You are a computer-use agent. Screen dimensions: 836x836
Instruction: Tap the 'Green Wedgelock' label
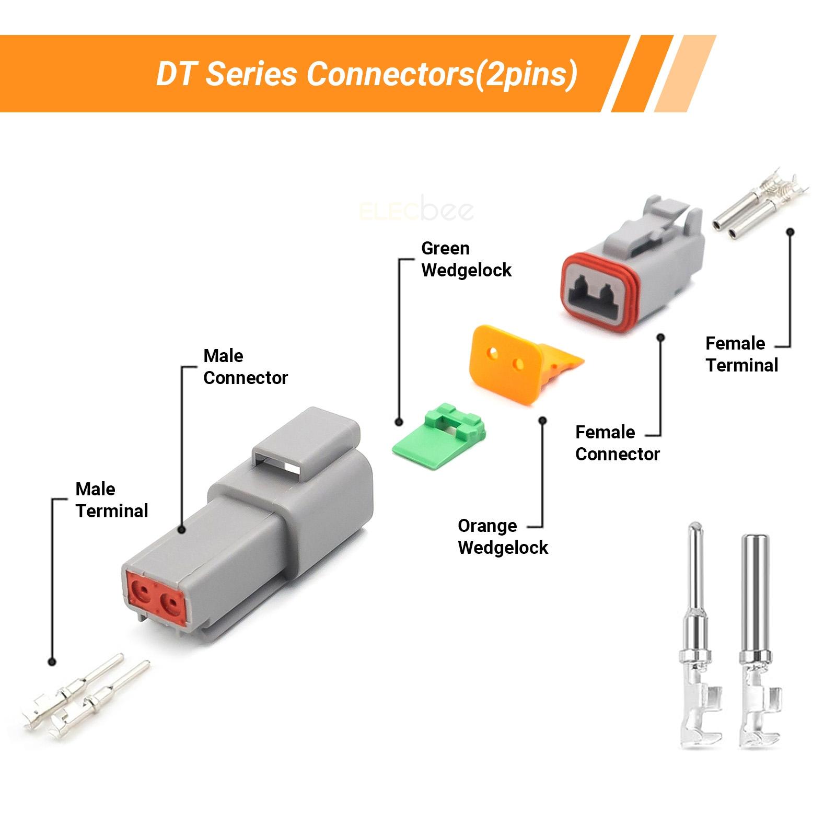tap(466, 259)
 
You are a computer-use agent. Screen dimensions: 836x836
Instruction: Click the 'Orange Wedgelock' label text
tap(503, 537)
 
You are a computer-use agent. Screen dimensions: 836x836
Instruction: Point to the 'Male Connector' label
tap(245, 367)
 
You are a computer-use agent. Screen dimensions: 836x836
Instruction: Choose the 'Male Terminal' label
tap(112, 500)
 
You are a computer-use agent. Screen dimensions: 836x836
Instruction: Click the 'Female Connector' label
tap(617, 443)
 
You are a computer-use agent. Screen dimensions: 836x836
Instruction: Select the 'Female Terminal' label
tap(741, 354)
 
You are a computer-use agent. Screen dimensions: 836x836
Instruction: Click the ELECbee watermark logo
tap(417, 211)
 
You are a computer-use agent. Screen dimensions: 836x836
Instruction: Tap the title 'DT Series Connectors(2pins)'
tap(367, 74)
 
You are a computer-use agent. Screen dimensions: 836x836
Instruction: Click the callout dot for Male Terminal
tap(52, 661)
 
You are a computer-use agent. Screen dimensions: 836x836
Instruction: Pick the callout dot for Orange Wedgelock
tap(543, 419)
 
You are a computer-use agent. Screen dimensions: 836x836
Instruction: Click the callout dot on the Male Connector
tap(182, 529)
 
